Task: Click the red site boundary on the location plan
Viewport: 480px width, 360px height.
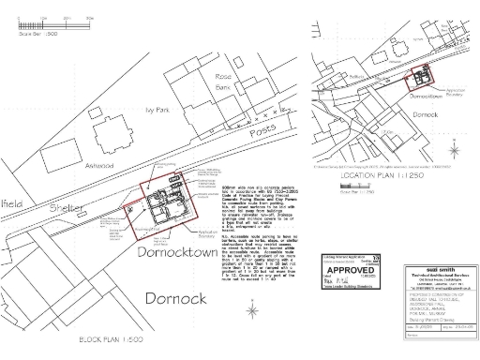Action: [416, 82]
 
